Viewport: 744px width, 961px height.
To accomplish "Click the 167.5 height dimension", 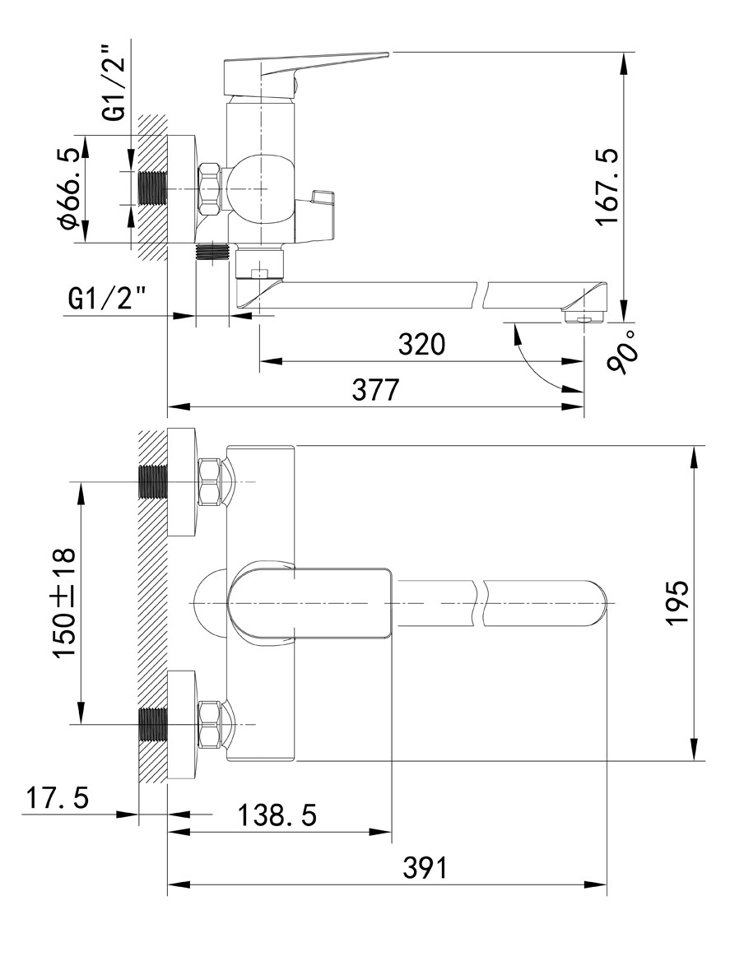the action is click(608, 187).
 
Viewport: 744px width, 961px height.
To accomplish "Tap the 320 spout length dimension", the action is click(421, 344).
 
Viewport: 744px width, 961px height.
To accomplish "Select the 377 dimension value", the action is click(375, 389).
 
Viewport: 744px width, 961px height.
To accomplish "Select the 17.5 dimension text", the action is click(57, 798).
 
